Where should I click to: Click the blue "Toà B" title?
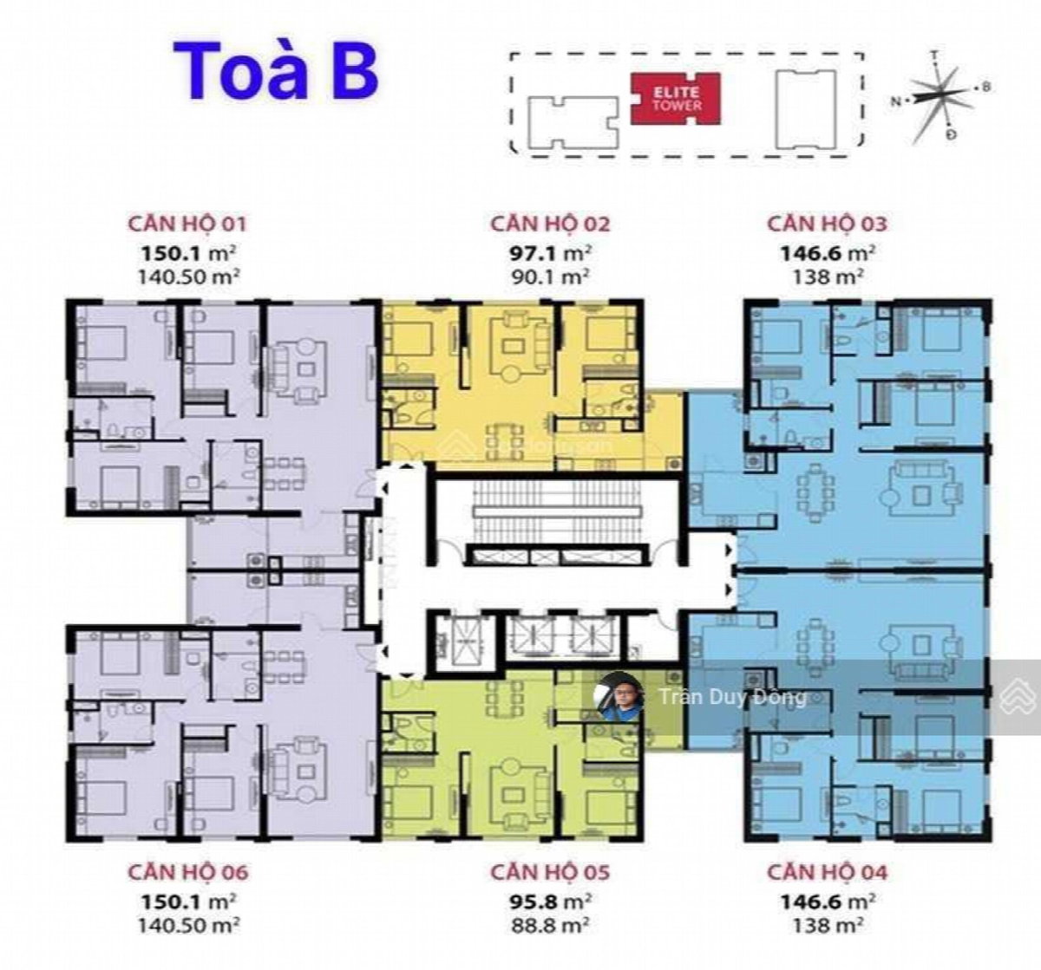point(276,71)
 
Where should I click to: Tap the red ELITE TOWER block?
point(676,99)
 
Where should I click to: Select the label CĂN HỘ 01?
point(187,224)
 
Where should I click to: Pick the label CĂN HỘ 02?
point(550,224)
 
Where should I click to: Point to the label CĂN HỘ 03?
point(827,224)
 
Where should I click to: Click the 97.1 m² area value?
point(550,254)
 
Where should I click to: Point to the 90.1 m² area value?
point(550,277)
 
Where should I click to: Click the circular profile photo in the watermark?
point(620,697)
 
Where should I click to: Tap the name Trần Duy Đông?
point(732,697)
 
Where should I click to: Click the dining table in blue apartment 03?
point(814,493)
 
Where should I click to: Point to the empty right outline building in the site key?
point(806,109)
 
